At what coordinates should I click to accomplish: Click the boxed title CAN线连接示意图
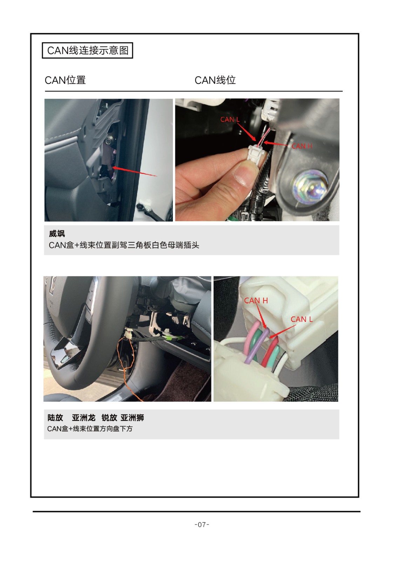[x=87, y=50]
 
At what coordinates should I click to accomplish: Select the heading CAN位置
[x=65, y=80]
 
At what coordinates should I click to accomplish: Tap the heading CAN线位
[x=215, y=80]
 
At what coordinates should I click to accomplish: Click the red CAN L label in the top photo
[x=230, y=120]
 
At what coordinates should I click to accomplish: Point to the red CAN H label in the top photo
[x=302, y=146]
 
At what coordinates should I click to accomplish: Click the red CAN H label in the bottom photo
[x=256, y=300]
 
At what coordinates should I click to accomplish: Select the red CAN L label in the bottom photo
[x=302, y=319]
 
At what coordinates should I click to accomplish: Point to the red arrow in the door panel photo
[x=135, y=171]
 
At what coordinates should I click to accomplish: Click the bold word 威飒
[x=57, y=234]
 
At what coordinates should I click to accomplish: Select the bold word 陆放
[x=55, y=418]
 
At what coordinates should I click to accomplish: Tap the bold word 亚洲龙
[x=84, y=418]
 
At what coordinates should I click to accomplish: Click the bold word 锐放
[x=109, y=418]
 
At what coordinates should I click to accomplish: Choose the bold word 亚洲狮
[x=132, y=418]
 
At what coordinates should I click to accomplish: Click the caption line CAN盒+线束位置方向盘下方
[x=90, y=429]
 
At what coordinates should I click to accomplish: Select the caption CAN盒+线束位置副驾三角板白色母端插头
[x=124, y=245]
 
